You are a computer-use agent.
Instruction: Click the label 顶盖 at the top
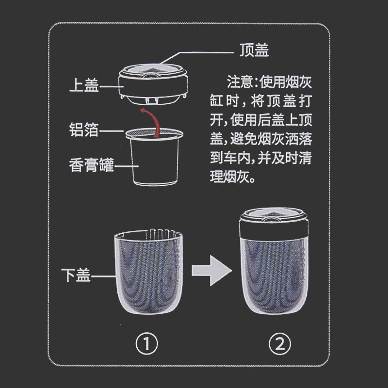(254, 50)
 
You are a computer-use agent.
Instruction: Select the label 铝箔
(84, 130)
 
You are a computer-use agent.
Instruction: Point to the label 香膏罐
(91, 166)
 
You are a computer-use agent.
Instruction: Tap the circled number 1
(147, 345)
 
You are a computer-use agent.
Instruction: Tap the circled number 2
(280, 345)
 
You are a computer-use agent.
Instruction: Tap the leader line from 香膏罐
(126, 166)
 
